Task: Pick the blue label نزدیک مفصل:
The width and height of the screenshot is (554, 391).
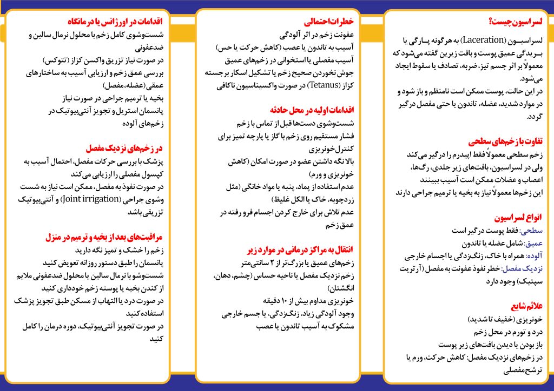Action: tap(522, 268)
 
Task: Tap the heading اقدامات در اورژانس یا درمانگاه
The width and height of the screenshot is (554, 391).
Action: tap(115, 22)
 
